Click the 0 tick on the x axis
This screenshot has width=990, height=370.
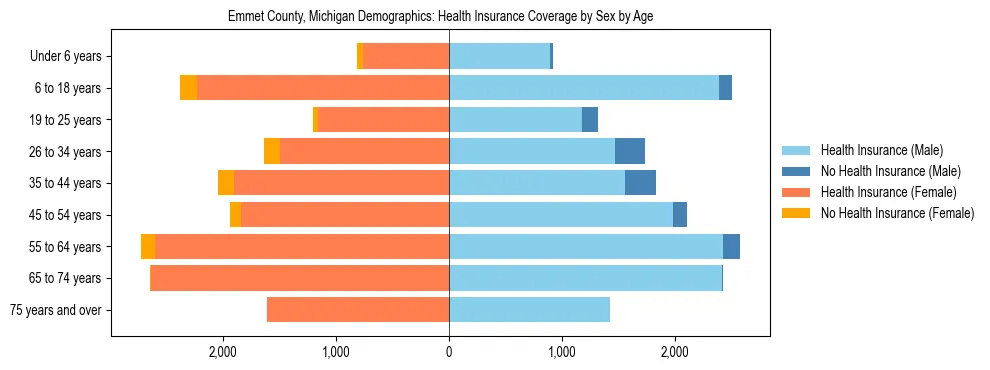tap(449, 351)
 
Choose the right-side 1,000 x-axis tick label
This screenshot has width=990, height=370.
tap(562, 351)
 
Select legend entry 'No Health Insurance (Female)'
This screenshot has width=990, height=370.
tap(897, 213)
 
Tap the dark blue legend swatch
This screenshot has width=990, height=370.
tap(796, 171)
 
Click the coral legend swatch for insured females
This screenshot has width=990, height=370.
tap(796, 192)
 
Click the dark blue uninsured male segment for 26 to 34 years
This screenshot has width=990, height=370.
tap(630, 152)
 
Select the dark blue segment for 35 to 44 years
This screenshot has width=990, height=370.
tap(640, 183)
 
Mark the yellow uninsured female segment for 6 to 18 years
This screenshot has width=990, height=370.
tap(188, 88)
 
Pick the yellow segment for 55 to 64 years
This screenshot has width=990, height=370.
tap(148, 247)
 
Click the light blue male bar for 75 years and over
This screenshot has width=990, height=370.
tap(529, 310)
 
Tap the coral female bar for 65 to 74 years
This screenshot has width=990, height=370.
tap(299, 278)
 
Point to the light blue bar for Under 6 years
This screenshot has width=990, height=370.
tap(499, 57)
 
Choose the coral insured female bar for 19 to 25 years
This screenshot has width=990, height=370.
tap(382, 120)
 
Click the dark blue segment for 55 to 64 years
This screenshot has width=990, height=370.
tap(731, 247)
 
